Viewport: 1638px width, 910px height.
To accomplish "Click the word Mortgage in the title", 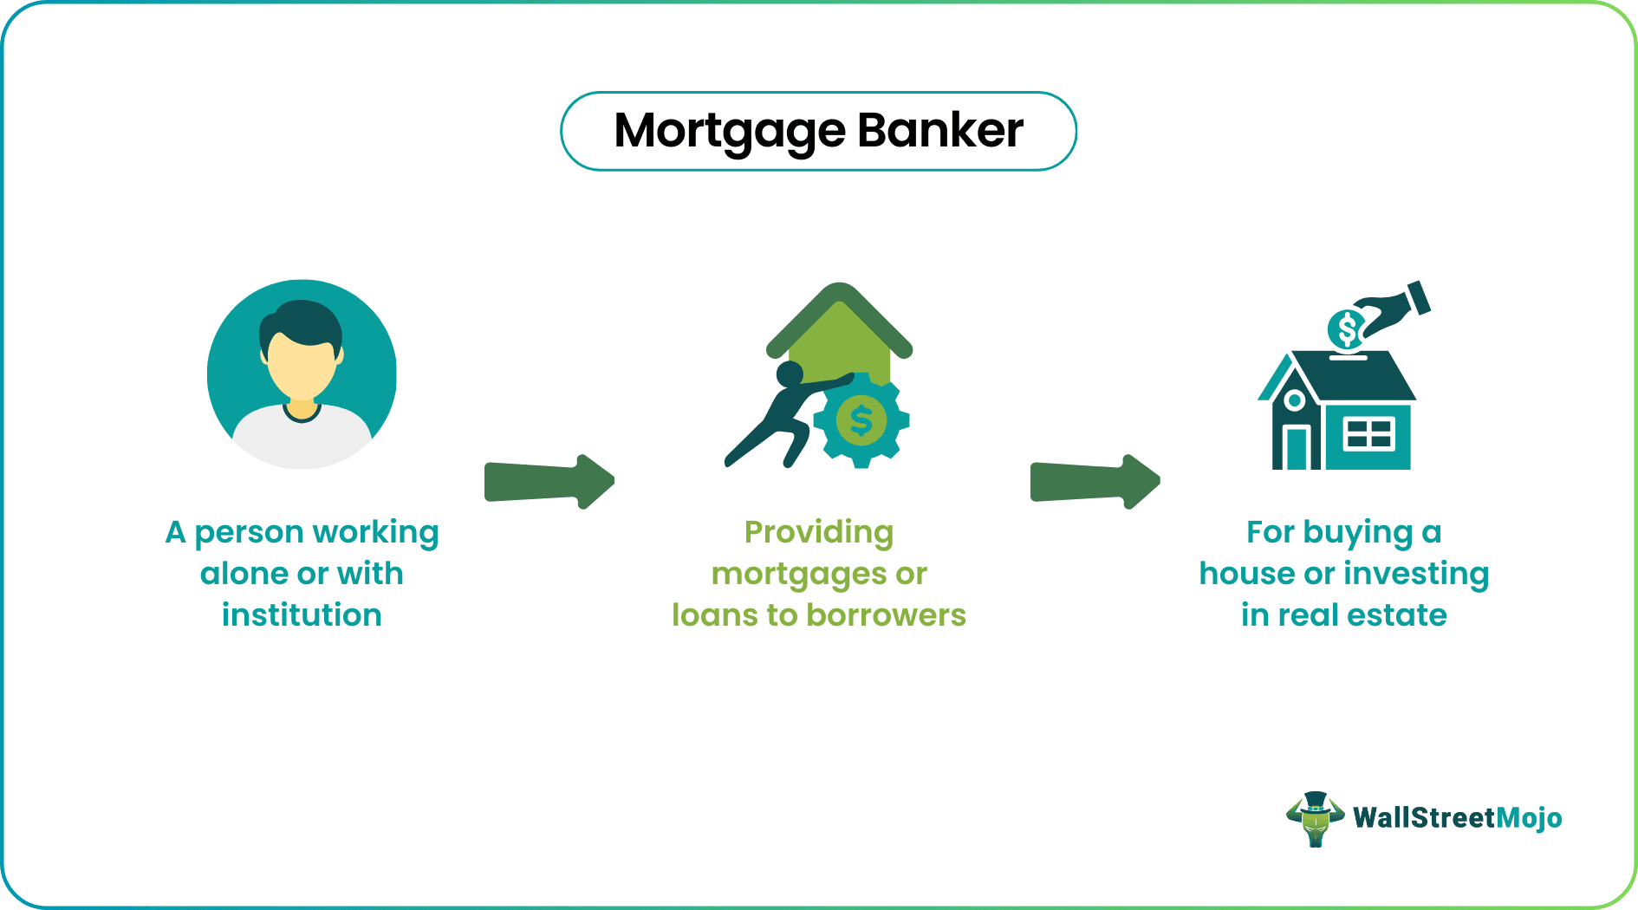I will (x=729, y=132).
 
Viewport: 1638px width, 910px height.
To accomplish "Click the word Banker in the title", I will (x=940, y=130).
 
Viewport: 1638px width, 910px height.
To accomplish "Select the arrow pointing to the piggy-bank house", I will (x=1095, y=481).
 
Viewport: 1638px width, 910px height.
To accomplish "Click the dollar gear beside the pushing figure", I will (x=861, y=421).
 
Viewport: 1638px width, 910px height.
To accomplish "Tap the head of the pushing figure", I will (x=790, y=374).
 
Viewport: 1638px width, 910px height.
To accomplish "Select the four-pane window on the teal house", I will (x=1368, y=433).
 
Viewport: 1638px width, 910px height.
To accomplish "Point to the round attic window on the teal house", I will (x=1294, y=400).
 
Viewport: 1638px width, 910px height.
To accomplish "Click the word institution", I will (x=302, y=615).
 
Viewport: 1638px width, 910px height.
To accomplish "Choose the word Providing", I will (x=819, y=532).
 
